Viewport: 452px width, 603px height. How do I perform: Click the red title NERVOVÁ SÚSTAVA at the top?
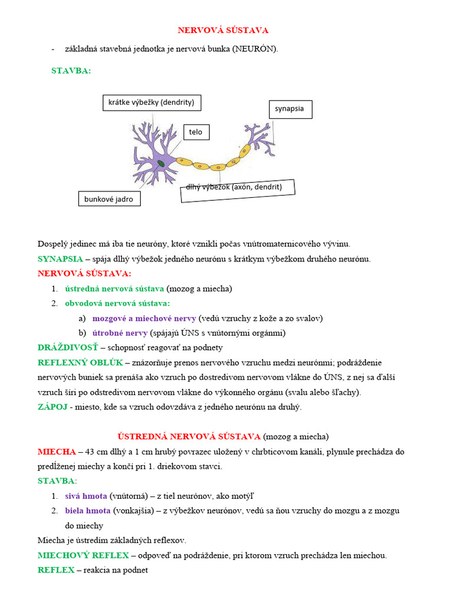pos(223,30)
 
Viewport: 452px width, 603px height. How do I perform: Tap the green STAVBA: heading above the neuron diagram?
pos(71,71)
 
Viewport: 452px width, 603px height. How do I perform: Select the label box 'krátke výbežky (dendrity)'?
pos(151,102)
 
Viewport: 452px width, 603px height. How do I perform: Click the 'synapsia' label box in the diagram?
pos(290,109)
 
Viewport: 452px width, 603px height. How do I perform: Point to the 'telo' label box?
pos(196,132)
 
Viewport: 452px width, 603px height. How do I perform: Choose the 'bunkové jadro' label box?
pos(109,199)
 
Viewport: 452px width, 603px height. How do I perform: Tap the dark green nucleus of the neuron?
pos(161,163)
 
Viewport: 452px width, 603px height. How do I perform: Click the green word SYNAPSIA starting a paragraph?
pos(60,259)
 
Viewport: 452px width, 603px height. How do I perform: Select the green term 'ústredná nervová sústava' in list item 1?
pos(114,289)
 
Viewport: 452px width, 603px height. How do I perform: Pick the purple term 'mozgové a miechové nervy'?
pos(144,318)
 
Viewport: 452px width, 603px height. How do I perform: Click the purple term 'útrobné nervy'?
pos(120,333)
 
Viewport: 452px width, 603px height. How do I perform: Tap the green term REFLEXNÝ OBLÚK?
pos(78,362)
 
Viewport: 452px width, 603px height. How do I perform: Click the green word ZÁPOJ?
pos(52,406)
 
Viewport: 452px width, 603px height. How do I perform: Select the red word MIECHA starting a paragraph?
pos(56,452)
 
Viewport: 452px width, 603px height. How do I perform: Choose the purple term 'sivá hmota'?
pos(86,496)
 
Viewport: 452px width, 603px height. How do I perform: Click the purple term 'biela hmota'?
pos(88,511)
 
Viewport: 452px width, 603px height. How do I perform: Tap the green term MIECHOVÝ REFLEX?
pos(83,555)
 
